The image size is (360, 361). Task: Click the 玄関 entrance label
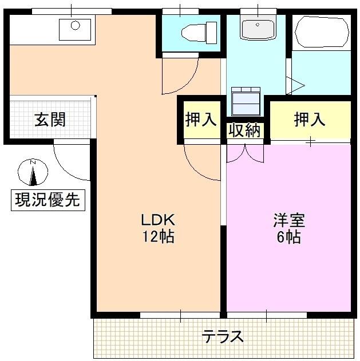tap(50, 120)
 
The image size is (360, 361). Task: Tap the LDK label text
tap(158, 219)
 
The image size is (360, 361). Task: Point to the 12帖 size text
tap(158, 236)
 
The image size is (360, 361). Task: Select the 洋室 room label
tap(289, 220)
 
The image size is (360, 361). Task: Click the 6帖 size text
tap(289, 237)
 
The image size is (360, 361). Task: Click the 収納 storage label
tap(245, 130)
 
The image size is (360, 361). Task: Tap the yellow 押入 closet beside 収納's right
tap(310, 120)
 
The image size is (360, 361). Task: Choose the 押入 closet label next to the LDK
tap(201, 120)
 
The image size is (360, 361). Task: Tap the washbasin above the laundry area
tap(257, 29)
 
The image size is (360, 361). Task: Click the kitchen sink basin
tap(75, 29)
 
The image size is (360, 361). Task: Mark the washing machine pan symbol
tap(246, 101)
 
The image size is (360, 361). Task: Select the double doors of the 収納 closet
tap(246, 152)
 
